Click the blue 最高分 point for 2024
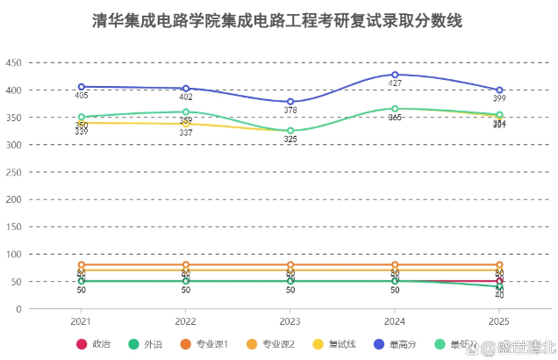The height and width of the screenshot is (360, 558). click(x=395, y=75)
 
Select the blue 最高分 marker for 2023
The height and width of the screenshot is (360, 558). click(x=290, y=102)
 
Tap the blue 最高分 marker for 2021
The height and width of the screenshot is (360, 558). click(x=81, y=87)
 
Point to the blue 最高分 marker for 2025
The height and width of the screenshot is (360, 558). click(x=499, y=90)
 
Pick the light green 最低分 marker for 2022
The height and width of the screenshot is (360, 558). click(x=185, y=112)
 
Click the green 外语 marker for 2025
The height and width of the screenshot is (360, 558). click(x=499, y=287)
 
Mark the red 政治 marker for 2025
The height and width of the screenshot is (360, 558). click(x=499, y=281)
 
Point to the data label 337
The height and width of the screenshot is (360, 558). click(x=185, y=133)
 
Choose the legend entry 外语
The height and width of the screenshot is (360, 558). click(x=146, y=343)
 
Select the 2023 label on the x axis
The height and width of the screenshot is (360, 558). click(x=290, y=322)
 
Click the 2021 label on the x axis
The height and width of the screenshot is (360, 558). click(x=81, y=322)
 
